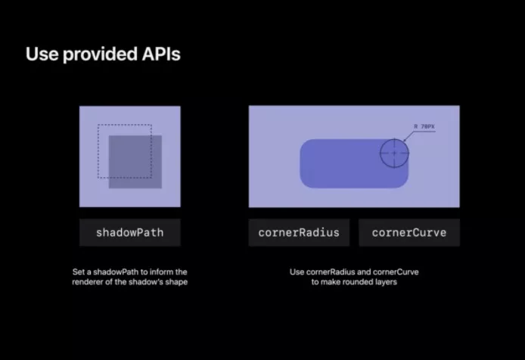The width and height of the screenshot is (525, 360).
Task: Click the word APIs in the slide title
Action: pos(161,54)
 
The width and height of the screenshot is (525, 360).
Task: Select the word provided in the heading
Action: pos(100,54)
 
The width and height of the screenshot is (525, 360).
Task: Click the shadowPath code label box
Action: pos(130,233)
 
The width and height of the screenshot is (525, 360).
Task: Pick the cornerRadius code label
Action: pos(299,233)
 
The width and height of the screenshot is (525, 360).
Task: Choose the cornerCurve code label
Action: pos(409,233)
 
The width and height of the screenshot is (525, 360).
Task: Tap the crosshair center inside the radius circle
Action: pos(394,153)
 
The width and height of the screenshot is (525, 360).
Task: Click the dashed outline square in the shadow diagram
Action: pos(98,151)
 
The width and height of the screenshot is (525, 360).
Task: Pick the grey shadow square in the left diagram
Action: pos(135,162)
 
